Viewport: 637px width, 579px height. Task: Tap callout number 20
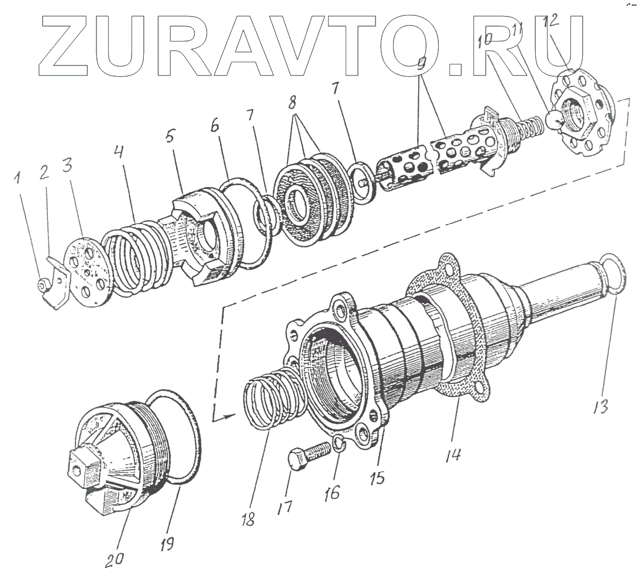click(x=116, y=558)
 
